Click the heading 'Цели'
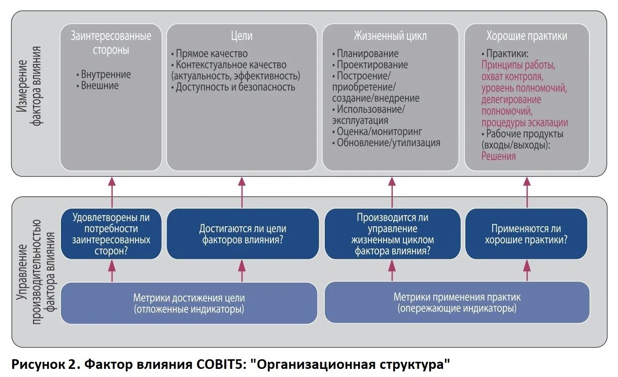coord(242,36)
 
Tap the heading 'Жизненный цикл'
coord(390,36)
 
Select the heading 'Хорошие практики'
coord(527,36)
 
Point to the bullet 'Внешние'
coord(99,86)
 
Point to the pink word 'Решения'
coord(499,156)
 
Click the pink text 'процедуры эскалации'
coord(525,123)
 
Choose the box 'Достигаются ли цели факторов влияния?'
coord(242,234)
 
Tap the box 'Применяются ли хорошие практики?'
coord(526,234)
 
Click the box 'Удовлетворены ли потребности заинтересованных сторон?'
coord(112,234)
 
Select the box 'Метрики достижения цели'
coord(189,303)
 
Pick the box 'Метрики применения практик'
coord(457,302)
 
